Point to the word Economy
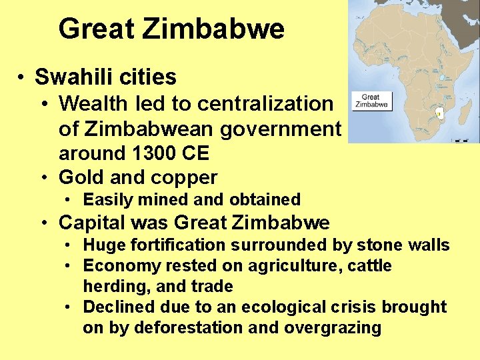pyautogui.click(x=119, y=266)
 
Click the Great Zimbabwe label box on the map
pyautogui.click(x=371, y=101)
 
